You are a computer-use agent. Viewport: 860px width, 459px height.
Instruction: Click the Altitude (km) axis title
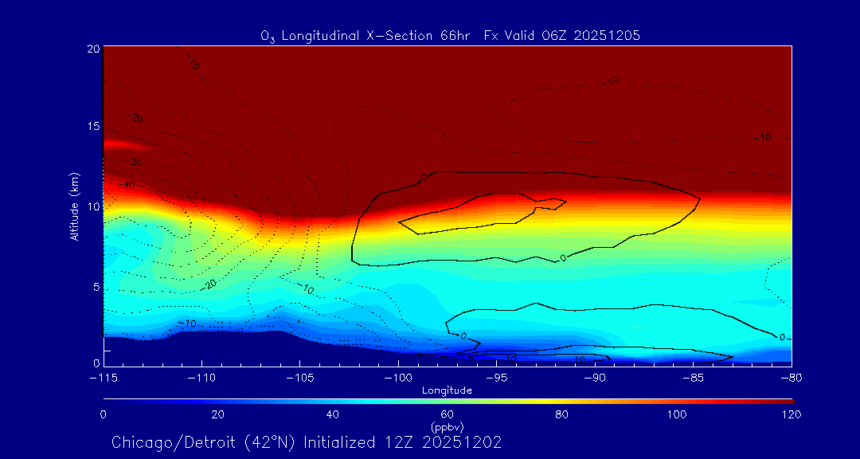(74, 206)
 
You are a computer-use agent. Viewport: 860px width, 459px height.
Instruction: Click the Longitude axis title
(448, 390)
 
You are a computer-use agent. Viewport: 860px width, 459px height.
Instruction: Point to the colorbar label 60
(448, 414)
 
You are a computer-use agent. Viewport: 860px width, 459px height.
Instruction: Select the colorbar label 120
(792, 414)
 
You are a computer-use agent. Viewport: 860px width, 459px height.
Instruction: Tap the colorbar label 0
(104, 414)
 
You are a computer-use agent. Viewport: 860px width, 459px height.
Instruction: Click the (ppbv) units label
(448, 427)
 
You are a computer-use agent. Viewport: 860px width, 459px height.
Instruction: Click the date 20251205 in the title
(612, 35)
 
